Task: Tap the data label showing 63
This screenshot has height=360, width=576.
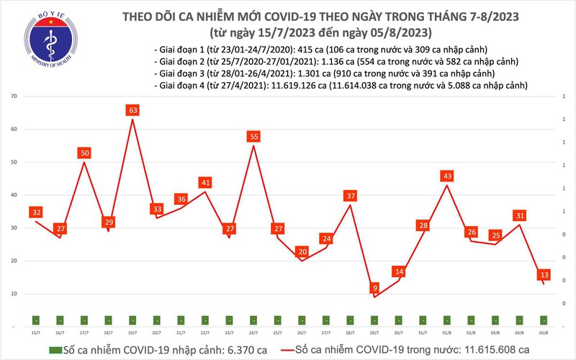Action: point(132,110)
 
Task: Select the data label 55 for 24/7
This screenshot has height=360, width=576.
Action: point(253,136)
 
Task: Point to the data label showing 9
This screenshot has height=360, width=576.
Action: point(374,288)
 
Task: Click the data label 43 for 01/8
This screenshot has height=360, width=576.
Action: point(447,176)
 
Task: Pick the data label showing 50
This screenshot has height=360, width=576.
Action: point(84,153)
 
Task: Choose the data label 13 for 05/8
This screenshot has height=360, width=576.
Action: point(544,274)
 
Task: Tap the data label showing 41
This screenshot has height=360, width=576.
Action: point(205,182)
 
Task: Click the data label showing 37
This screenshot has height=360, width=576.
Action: point(351,195)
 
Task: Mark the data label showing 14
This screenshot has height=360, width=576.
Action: point(399,271)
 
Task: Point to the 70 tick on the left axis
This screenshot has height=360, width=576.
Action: point(14,96)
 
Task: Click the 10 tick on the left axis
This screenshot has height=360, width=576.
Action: point(14,294)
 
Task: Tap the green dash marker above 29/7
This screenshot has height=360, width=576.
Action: point(374,319)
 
